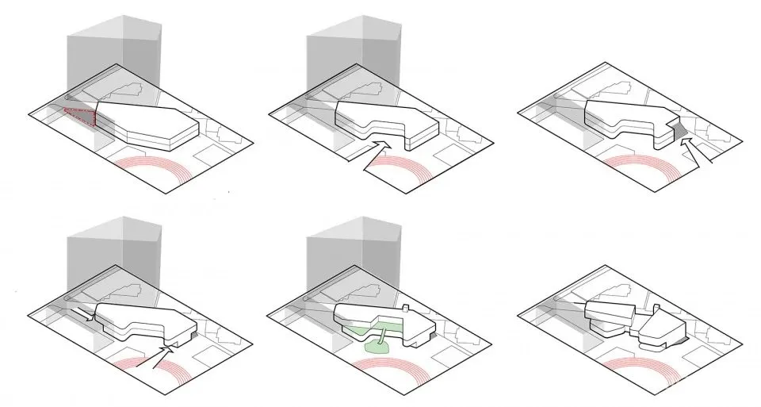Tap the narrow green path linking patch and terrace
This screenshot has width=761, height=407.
pyautogui.click(x=382, y=336)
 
